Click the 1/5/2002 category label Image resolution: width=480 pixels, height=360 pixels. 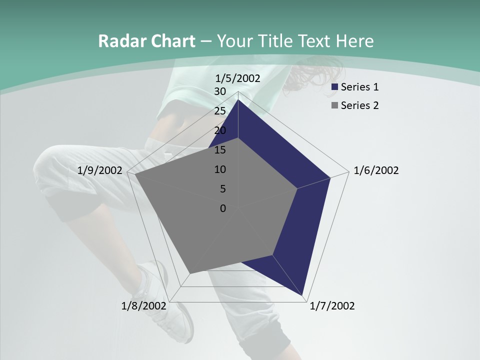pyautogui.click(x=238, y=78)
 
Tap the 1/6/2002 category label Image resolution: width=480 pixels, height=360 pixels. pyautogui.click(x=376, y=171)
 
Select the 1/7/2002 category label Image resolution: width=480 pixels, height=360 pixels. pyautogui.click(x=332, y=306)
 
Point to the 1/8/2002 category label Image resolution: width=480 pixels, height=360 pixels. pyautogui.click(x=144, y=306)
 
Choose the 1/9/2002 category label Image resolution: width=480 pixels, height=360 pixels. pyautogui.click(x=100, y=171)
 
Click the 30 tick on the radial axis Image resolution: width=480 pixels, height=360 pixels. pyautogui.click(x=220, y=91)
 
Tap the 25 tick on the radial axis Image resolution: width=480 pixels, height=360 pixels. pyautogui.click(x=220, y=111)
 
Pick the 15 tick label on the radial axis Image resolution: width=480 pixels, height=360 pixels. pyautogui.click(x=220, y=150)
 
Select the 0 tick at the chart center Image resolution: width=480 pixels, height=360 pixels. pyautogui.click(x=223, y=208)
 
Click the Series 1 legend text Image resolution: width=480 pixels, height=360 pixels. pyautogui.click(x=359, y=87)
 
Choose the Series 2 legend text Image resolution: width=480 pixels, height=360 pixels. pyautogui.click(x=359, y=105)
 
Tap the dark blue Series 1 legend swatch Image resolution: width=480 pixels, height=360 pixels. pyautogui.click(x=335, y=87)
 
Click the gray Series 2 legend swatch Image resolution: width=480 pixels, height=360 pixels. pyautogui.click(x=335, y=105)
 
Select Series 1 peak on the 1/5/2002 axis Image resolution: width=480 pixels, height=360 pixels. pyautogui.click(x=238, y=100)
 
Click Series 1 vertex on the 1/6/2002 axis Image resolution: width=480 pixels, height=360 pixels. pyautogui.click(x=330, y=177)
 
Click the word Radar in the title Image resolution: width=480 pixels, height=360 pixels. pyautogui.click(x=119, y=41)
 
